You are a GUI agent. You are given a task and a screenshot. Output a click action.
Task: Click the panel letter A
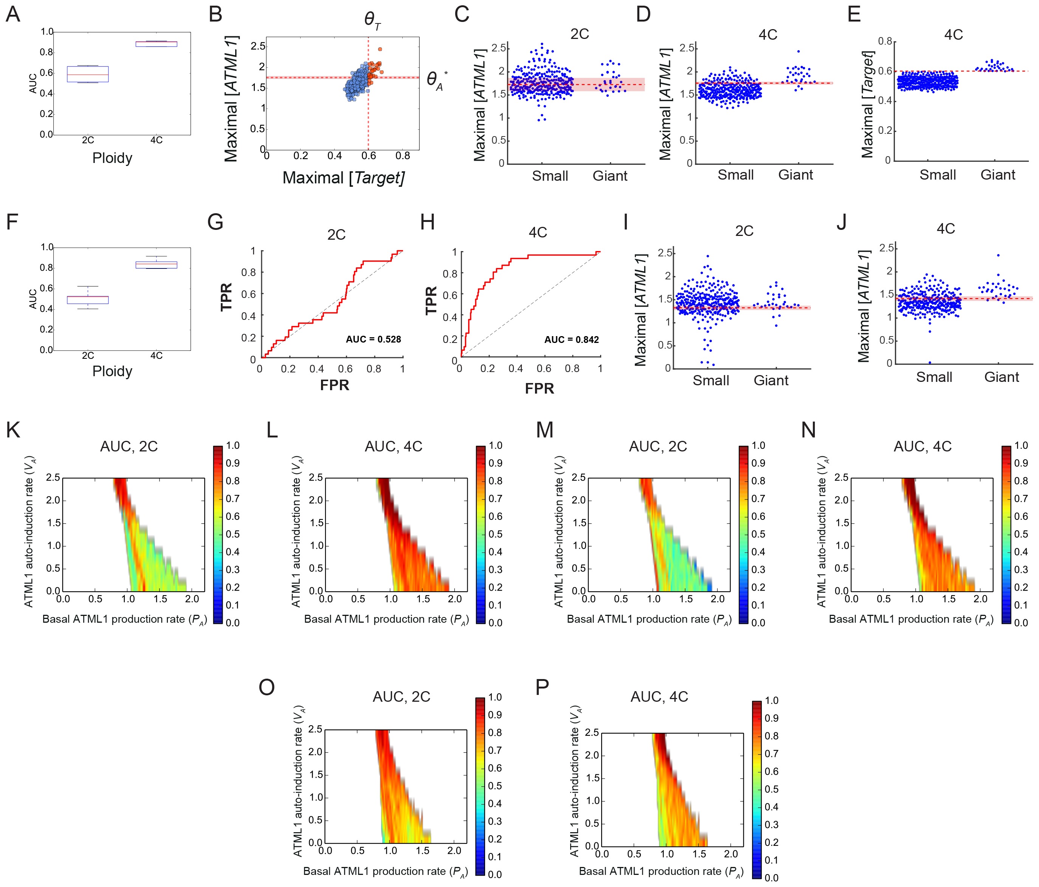pos(13,14)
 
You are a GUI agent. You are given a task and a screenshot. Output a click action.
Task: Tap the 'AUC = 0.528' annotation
pos(373,340)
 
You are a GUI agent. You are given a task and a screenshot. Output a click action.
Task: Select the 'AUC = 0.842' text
pos(571,340)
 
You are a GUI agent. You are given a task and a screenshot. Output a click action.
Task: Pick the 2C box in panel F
pos(88,300)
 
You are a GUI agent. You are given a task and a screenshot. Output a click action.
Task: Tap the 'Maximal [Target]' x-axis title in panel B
pos(343,177)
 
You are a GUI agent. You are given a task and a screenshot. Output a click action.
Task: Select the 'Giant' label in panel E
pos(997,175)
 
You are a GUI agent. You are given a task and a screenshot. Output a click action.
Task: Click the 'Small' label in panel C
pos(550,176)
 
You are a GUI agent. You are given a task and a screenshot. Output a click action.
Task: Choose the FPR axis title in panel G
pos(335,385)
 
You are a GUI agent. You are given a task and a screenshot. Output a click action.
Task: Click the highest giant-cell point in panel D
pos(798,51)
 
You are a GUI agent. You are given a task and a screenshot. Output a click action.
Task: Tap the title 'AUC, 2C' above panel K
pos(129,446)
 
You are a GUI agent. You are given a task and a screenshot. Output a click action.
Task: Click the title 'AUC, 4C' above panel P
pos(659,696)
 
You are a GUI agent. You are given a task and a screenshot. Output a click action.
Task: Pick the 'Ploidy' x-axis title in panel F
pos(112,372)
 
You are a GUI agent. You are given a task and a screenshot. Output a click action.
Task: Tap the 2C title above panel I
pos(744,231)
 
